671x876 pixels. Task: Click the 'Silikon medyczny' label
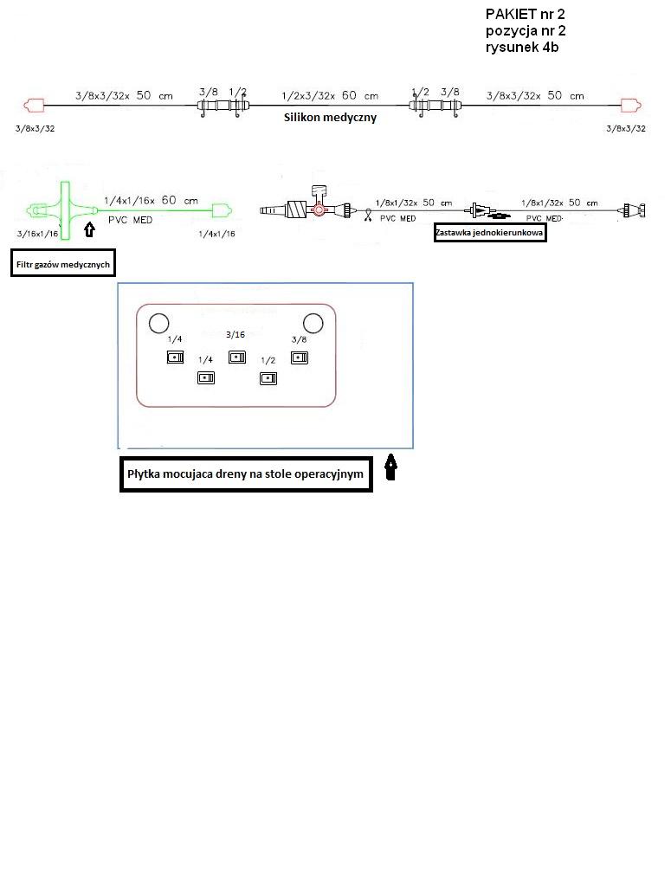(x=330, y=118)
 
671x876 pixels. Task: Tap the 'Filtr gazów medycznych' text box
(x=63, y=264)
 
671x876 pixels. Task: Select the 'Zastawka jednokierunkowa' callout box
(x=490, y=231)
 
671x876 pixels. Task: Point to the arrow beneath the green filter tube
(x=88, y=229)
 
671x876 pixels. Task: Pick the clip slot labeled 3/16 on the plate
(x=235, y=357)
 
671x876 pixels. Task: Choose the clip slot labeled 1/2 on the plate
(x=268, y=377)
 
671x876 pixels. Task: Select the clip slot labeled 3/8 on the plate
(x=300, y=357)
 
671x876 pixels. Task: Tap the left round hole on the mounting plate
(x=158, y=324)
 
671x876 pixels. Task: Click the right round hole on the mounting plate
(x=313, y=324)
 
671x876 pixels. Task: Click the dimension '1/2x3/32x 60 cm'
(x=330, y=95)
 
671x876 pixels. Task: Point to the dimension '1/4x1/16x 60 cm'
(x=151, y=200)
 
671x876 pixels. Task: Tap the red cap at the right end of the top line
(x=631, y=106)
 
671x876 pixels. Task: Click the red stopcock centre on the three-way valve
(x=319, y=209)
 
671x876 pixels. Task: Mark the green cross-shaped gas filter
(x=64, y=210)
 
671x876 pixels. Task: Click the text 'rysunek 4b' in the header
(x=521, y=47)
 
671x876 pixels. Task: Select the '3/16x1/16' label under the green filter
(x=37, y=234)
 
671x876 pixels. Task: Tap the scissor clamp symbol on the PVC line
(x=369, y=216)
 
